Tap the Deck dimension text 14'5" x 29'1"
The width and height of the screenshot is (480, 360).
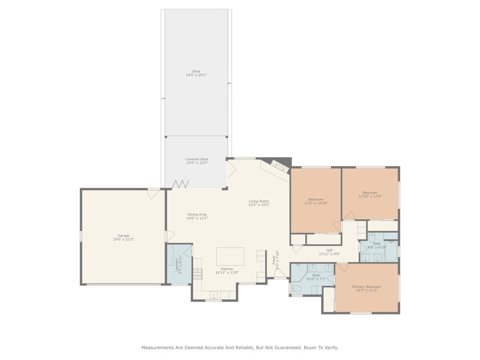pos(196,75)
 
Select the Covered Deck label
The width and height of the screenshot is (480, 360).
pos(196,159)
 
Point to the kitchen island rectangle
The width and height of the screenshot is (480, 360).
pos(230,256)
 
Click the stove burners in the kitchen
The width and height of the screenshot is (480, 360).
pos(198,273)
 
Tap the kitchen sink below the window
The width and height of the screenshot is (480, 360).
pos(214,295)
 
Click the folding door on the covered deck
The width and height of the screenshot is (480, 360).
pos(180,184)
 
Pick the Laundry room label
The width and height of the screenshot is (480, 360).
pos(177,263)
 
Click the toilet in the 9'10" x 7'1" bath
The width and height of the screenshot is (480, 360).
pos(296,288)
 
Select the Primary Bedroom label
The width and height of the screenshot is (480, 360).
pos(367,286)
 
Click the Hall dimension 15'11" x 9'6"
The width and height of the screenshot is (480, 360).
pos(330,254)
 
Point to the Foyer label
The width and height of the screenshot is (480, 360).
pos(274,259)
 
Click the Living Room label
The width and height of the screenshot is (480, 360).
pos(259,201)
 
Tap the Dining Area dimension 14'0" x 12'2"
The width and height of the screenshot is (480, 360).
pos(197,218)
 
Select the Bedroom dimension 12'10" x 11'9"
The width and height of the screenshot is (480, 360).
pos(370,196)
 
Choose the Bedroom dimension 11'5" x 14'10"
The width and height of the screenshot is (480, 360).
pos(316,203)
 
